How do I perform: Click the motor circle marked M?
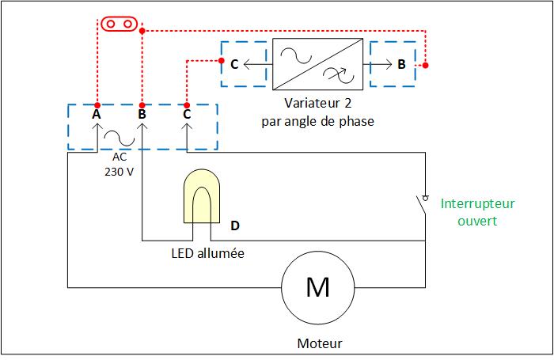pyautogui.click(x=317, y=286)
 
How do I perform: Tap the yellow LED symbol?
pyautogui.click(x=202, y=199)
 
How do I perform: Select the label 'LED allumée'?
pyautogui.click(x=207, y=254)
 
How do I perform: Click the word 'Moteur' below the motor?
pyautogui.click(x=320, y=344)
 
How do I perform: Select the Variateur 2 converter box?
pyautogui.click(x=317, y=64)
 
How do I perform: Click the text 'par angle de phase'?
pyautogui.click(x=317, y=122)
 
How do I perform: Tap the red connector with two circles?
pyautogui.click(x=117, y=23)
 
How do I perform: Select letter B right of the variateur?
pyautogui.click(x=402, y=64)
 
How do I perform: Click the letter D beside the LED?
pyautogui.click(x=235, y=225)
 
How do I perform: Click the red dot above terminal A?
pyautogui.click(x=97, y=105)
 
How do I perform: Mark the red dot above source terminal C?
pyautogui.click(x=187, y=105)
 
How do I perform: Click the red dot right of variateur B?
pyautogui.click(x=426, y=65)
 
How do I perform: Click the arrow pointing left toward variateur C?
pyautogui.click(x=256, y=64)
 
